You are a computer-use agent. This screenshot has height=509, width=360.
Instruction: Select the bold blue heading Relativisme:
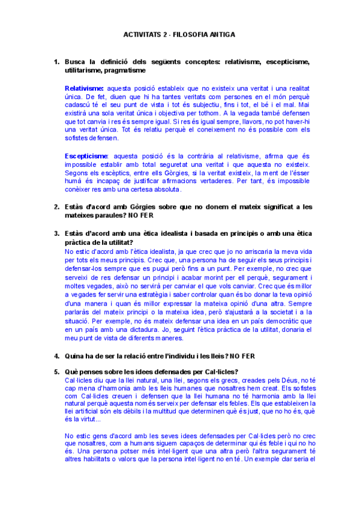click(84, 88)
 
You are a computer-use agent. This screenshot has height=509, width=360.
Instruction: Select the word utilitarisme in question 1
click(82, 70)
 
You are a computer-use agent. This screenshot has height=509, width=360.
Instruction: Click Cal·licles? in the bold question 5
click(217, 371)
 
